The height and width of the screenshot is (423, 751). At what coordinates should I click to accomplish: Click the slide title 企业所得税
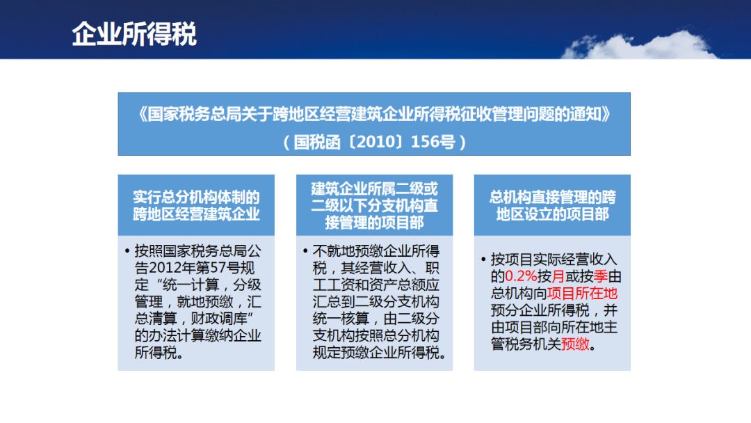pyautogui.click(x=134, y=34)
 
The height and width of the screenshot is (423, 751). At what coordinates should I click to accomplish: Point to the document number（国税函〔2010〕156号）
pyautogui.click(x=375, y=142)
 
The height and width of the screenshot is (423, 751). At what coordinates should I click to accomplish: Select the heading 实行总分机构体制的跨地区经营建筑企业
pyautogui.click(x=196, y=205)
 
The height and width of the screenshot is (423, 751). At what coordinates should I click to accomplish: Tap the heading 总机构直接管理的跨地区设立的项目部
pyautogui.click(x=552, y=205)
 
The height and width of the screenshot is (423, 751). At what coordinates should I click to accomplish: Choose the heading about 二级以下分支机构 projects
pyautogui.click(x=375, y=205)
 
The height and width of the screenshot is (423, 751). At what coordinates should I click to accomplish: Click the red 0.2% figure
pyautogui.click(x=521, y=276)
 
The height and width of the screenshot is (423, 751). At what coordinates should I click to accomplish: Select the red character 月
pyautogui.click(x=558, y=276)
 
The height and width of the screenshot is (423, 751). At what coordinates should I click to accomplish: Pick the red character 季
pyautogui.click(x=601, y=276)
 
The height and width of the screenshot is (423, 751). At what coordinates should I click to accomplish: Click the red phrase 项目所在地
pyautogui.click(x=583, y=293)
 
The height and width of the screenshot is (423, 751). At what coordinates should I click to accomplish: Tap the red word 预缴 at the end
pyautogui.click(x=575, y=344)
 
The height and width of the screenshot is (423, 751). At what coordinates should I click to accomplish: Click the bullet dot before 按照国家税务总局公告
pyautogui.click(x=127, y=251)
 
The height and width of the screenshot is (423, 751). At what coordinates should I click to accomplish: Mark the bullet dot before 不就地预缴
pyautogui.click(x=305, y=251)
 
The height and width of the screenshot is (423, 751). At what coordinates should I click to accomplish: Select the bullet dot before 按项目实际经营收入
pyautogui.click(x=483, y=260)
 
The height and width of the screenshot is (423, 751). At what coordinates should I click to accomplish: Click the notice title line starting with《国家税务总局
pyautogui.click(x=375, y=115)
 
